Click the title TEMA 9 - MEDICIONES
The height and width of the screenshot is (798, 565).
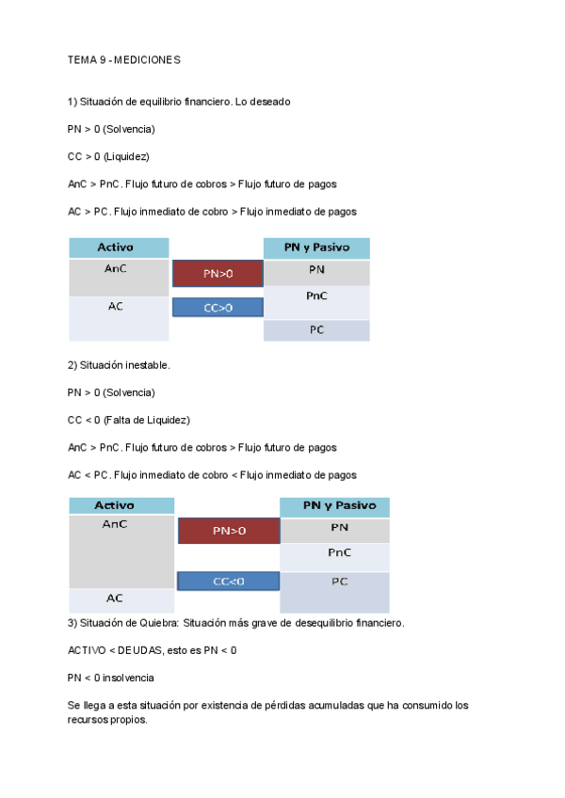point(123,60)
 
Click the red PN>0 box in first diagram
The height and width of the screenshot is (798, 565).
point(218,274)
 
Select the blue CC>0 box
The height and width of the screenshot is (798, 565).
point(218,307)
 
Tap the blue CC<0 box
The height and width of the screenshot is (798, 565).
point(228,582)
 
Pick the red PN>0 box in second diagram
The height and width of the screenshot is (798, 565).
point(228,531)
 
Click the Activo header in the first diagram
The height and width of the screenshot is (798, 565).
point(118,247)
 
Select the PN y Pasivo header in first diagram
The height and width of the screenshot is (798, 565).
point(316,247)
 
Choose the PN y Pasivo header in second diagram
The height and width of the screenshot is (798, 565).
point(334,506)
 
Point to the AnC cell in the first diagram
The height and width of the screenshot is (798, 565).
point(118,267)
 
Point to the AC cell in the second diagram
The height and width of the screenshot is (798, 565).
point(115,598)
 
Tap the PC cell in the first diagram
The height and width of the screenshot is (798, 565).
point(316,330)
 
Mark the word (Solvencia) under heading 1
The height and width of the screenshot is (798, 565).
point(129,128)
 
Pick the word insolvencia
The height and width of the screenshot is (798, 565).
point(127,678)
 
